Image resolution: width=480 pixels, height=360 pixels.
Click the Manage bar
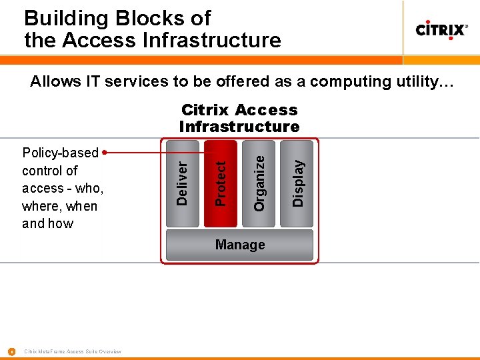coord(239,245)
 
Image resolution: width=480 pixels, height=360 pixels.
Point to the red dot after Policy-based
coord(105,153)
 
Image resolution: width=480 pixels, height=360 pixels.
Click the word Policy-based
coord(60,153)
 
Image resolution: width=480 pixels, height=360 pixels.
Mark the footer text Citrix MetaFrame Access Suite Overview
coord(72,351)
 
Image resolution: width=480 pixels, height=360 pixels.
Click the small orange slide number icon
coord(11,351)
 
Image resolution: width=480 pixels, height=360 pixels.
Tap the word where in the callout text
coord(39,206)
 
